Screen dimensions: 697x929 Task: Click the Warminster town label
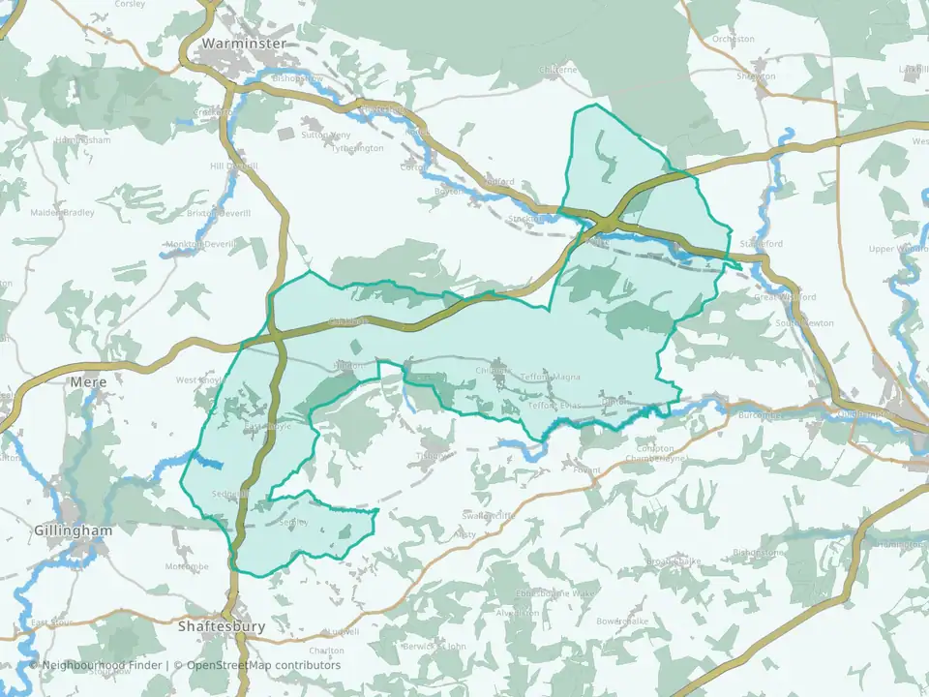[x=244, y=45]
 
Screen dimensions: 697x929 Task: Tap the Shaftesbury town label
[x=222, y=626]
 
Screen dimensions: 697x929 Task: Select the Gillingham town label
[x=73, y=530]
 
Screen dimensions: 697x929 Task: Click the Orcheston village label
[x=733, y=40]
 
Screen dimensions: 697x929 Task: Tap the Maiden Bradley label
[x=63, y=212]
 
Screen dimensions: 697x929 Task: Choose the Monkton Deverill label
[x=200, y=245]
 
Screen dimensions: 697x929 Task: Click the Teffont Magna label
[x=549, y=376]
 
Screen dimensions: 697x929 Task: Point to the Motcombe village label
[x=187, y=566]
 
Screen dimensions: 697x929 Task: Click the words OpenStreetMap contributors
[x=263, y=665]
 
